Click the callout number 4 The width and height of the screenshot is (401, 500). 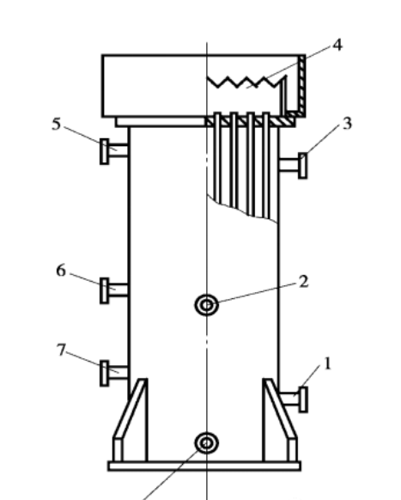pos(337,45)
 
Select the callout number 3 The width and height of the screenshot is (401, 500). pos(347,124)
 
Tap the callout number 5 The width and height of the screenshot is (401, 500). pos(56,124)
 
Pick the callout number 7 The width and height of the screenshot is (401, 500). pos(61,351)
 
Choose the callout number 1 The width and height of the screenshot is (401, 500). pos(327,363)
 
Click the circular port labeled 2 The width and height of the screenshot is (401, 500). pos(206,304)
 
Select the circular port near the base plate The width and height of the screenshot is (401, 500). pos(206,442)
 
